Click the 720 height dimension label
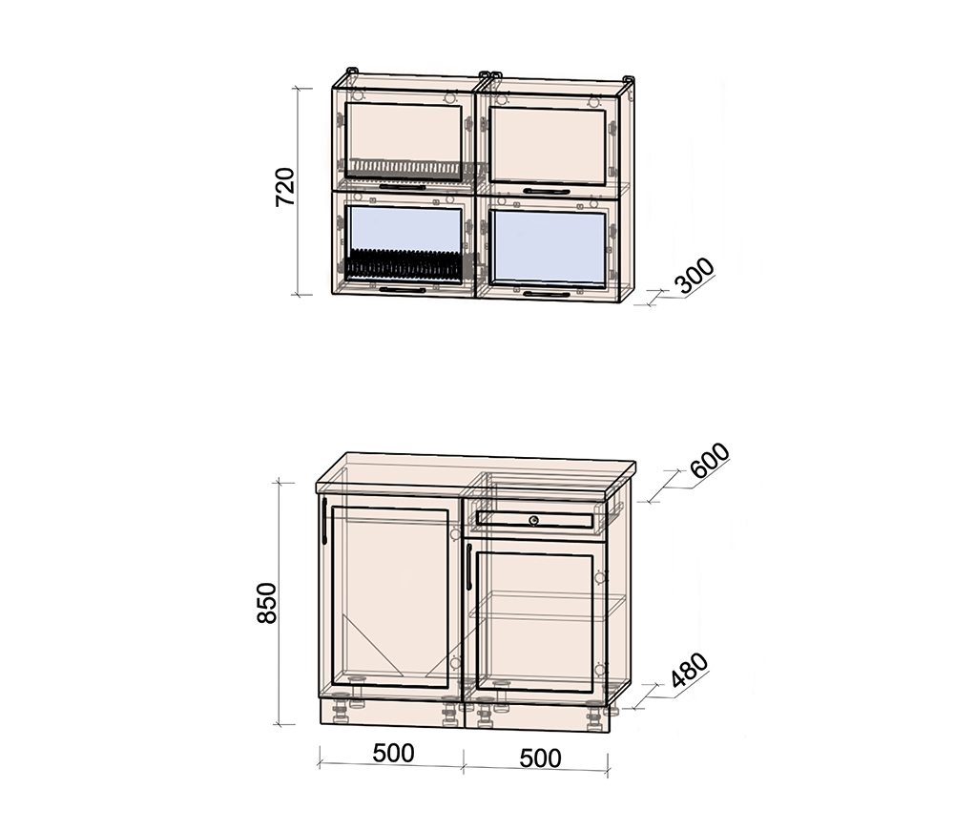285,187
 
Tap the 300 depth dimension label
695,276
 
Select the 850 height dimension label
266,602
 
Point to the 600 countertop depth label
710,461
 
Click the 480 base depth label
690,670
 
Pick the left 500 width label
394,753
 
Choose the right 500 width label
540,758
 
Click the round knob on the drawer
533,520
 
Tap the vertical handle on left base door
324,521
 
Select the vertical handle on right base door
469,567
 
